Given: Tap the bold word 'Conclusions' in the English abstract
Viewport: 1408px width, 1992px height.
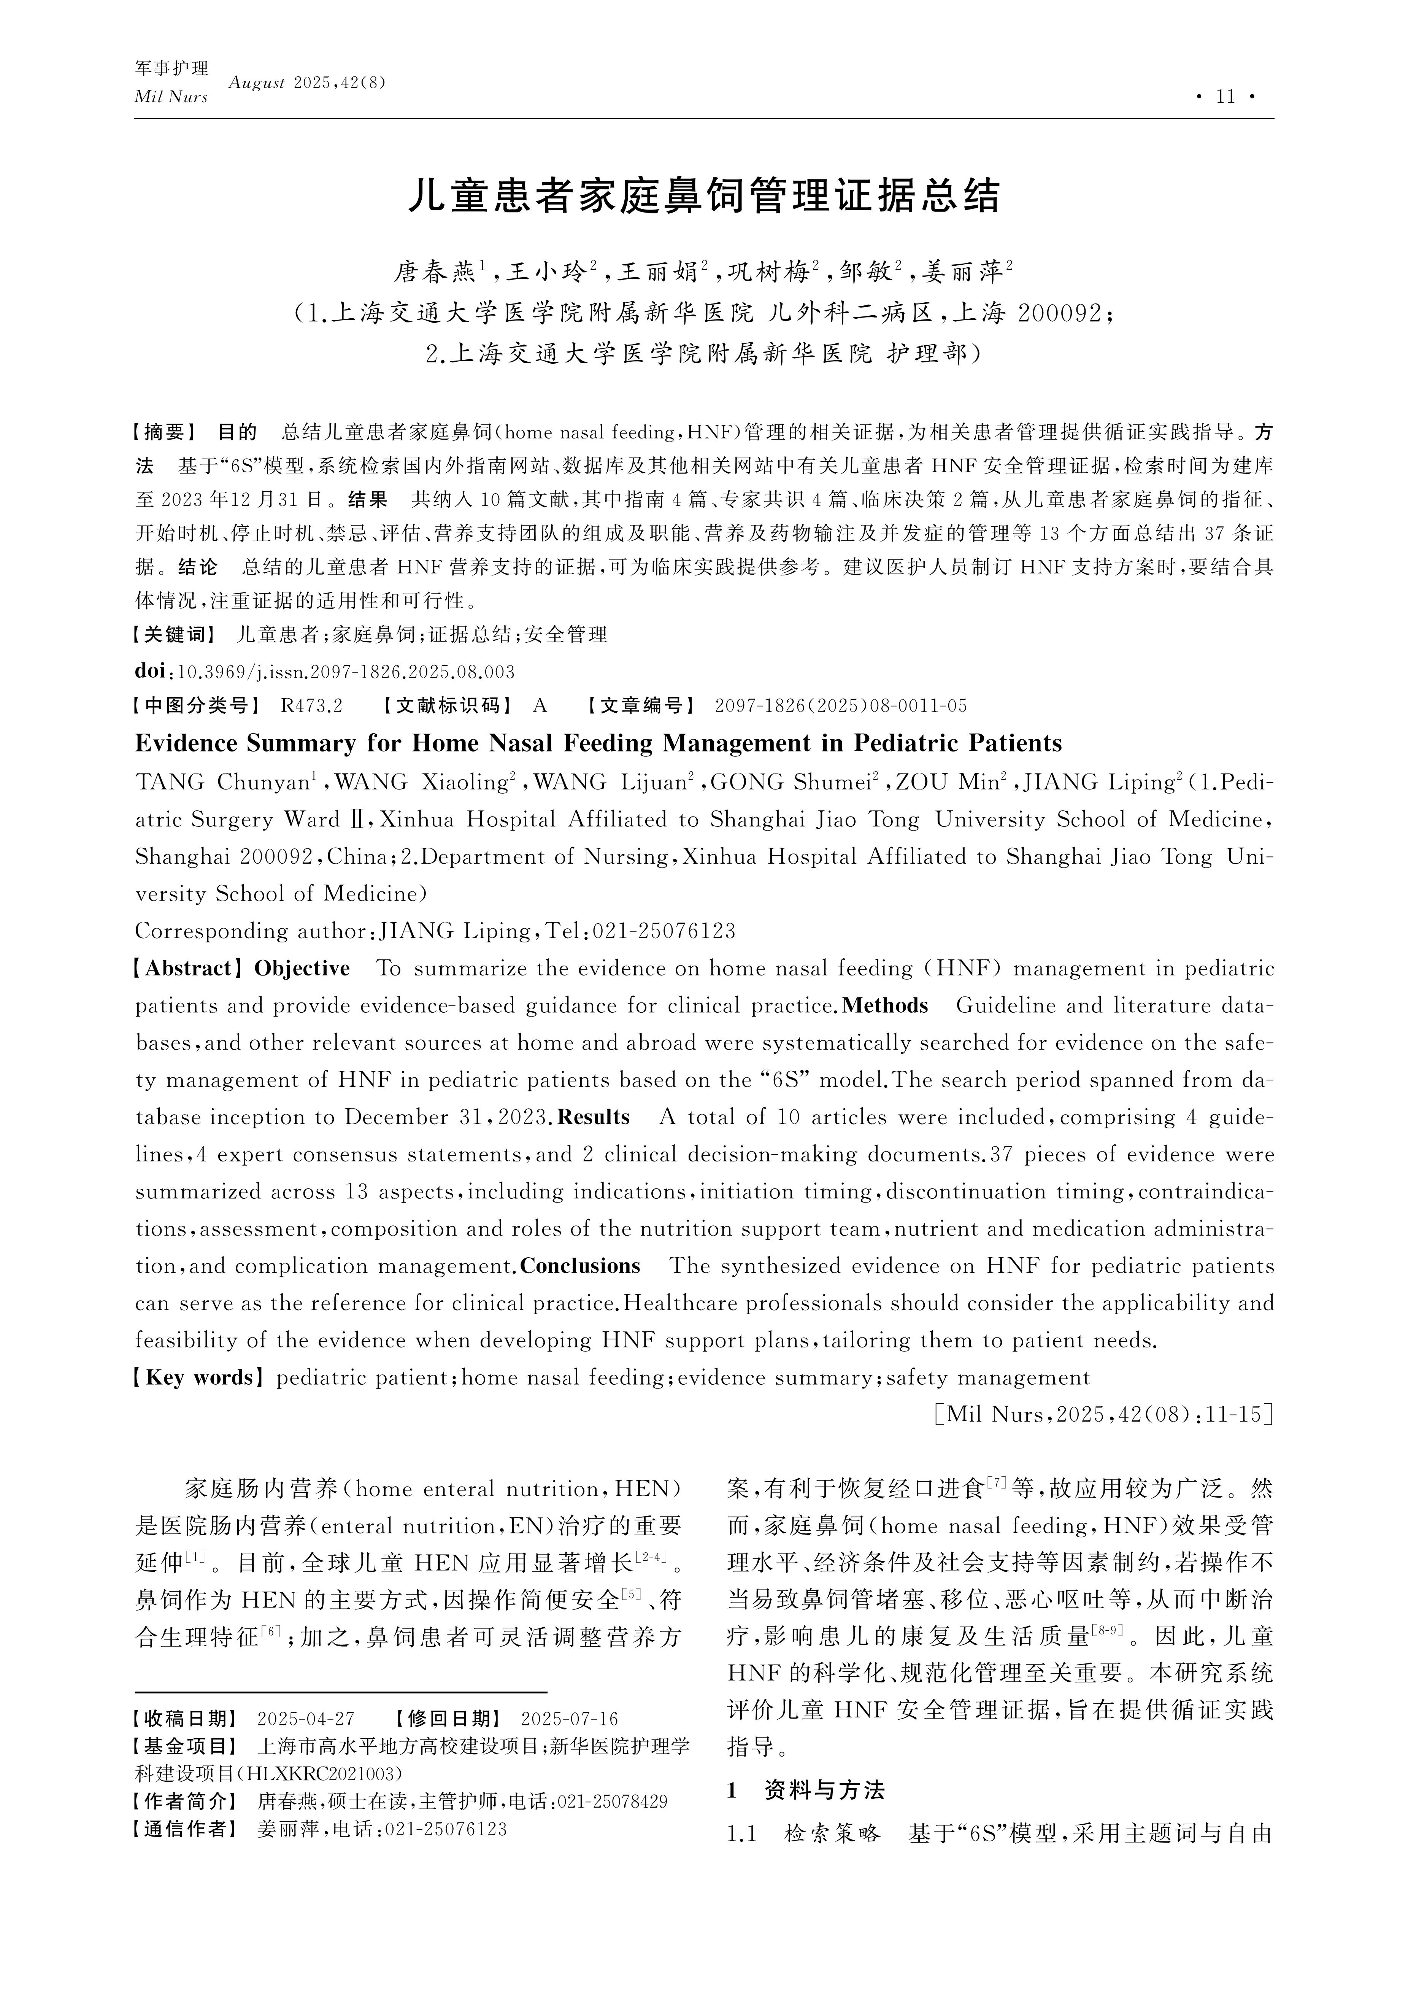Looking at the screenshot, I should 579,1267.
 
